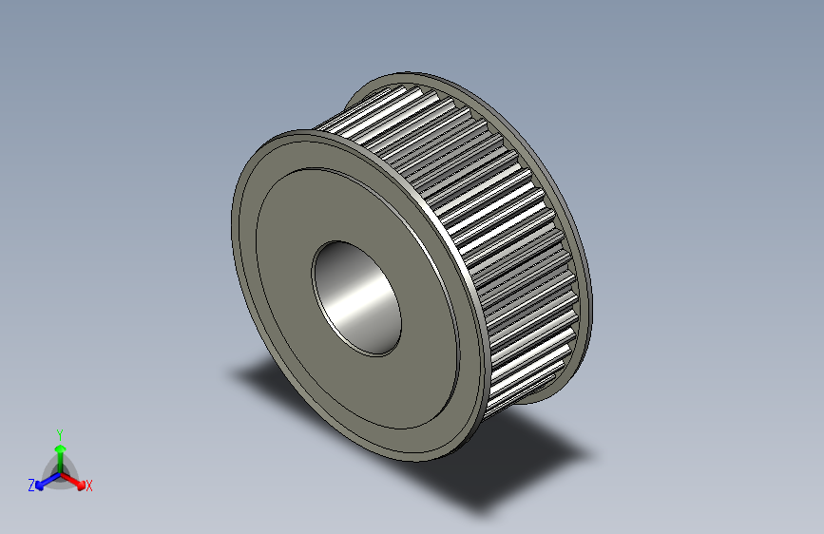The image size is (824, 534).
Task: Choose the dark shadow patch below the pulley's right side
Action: [x=513, y=466]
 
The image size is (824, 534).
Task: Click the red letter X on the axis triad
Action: [x=89, y=486]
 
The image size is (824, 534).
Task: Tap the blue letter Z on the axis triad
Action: [x=31, y=486]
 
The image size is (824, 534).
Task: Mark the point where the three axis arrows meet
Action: [x=60, y=472]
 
